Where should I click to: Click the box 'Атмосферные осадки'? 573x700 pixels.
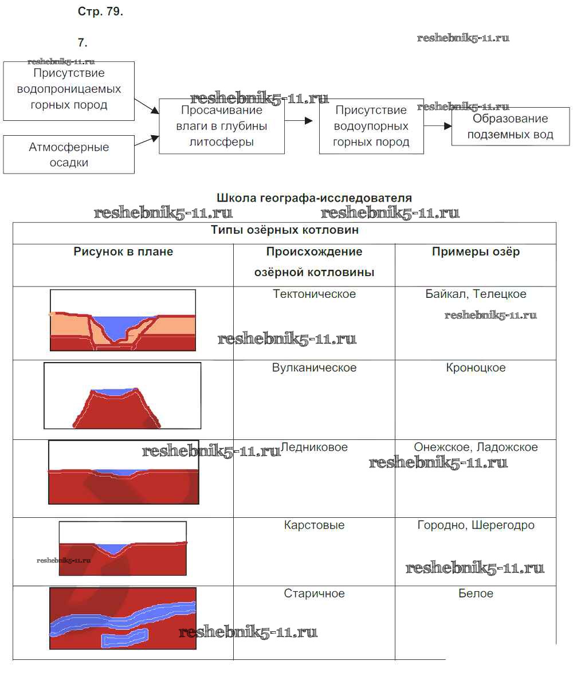point(69,154)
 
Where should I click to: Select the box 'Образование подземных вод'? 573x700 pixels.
point(510,127)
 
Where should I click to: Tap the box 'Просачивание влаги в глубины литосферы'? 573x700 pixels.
point(221,126)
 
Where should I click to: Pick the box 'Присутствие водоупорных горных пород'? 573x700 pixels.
point(371,126)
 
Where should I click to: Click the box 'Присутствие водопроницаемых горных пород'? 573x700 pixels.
point(69,91)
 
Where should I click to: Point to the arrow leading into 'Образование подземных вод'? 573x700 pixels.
point(438,126)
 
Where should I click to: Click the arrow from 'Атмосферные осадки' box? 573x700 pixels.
point(147,140)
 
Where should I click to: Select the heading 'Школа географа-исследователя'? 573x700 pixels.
point(314,198)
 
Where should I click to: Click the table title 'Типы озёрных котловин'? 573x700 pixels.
point(285,230)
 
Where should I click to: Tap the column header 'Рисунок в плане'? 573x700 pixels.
point(123,251)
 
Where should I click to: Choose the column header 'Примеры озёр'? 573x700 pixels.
point(476,251)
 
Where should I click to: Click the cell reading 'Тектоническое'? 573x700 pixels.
point(314,294)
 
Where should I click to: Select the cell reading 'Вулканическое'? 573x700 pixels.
point(314,367)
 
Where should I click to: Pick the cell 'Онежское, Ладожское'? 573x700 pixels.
point(476,447)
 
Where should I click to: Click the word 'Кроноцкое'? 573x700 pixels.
point(476,367)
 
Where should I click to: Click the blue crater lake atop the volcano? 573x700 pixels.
point(114,392)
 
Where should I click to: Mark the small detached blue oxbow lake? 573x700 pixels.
point(124,638)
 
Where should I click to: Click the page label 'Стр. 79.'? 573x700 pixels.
point(100,11)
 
